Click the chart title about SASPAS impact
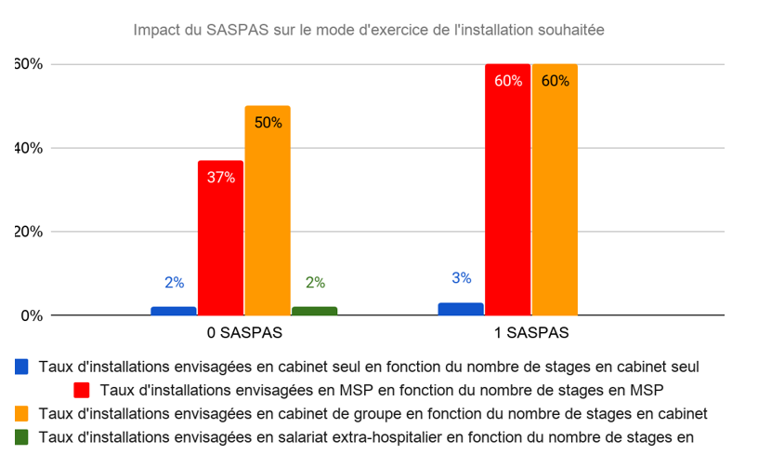coord(369,30)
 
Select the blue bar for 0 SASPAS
coord(174,311)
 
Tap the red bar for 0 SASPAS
coord(220,238)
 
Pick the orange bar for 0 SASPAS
coord(268,210)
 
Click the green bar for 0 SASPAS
coord(315,311)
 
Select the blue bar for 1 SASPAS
coord(461,309)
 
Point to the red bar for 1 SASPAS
coord(507,190)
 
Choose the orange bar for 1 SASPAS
coord(555,190)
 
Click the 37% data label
coord(221,177)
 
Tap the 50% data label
coord(268,122)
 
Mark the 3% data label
coord(462,278)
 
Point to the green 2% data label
coord(315,283)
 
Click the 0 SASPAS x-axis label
coord(244,332)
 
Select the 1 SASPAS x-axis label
coord(531,332)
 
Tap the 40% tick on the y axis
coord(28,148)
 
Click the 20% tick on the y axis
coord(28,232)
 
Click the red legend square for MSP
coord(82,390)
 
